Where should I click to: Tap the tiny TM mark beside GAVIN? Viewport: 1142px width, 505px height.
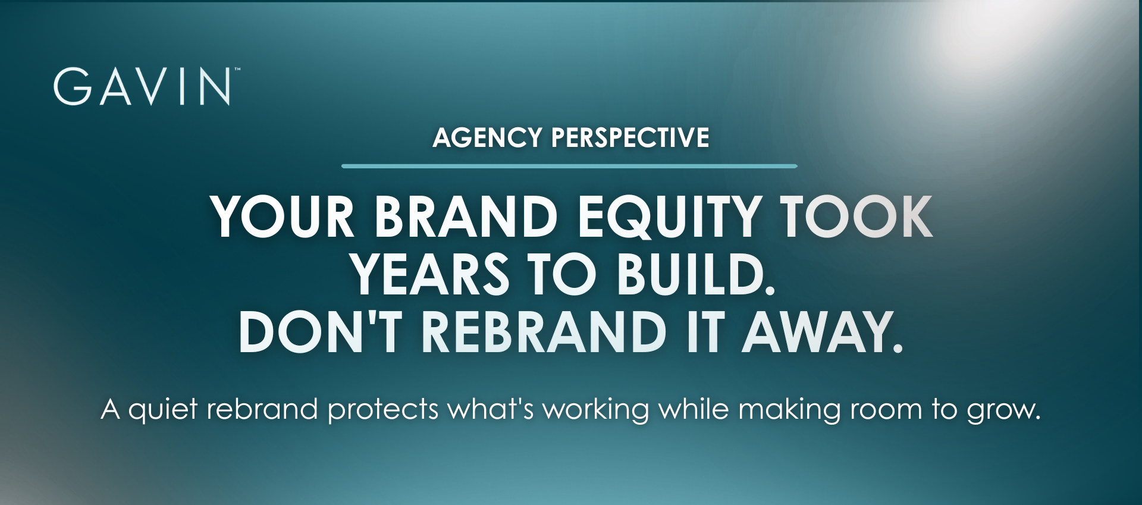coord(237,70)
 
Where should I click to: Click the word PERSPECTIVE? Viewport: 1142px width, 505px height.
coord(630,137)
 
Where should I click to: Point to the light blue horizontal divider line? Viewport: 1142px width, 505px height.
coord(569,166)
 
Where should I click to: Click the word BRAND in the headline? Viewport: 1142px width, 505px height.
coord(466,217)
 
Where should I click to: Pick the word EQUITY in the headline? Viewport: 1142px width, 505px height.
coord(669,218)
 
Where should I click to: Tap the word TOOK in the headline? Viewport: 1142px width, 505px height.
coord(857,217)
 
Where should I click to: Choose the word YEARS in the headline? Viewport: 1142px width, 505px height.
coord(429,274)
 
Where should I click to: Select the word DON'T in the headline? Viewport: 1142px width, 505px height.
coord(320,332)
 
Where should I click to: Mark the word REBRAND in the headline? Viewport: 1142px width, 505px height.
coord(544,332)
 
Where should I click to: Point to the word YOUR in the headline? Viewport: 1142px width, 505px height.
coord(283,217)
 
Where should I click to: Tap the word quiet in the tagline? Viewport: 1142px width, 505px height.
coord(163,410)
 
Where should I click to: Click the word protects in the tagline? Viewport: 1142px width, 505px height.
coord(383,410)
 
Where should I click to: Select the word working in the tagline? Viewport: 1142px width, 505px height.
coord(595,410)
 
